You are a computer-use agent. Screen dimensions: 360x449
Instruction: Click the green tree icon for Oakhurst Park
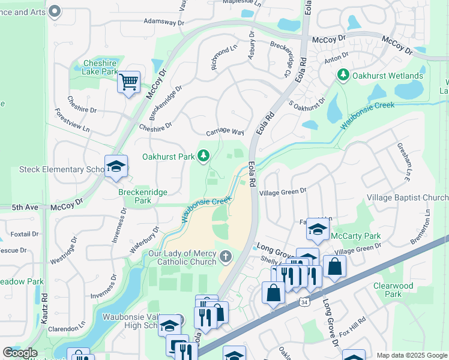point(203,157)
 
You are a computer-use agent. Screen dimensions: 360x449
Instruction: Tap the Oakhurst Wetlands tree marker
point(343,76)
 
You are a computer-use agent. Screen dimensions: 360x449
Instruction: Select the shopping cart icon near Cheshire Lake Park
point(128,82)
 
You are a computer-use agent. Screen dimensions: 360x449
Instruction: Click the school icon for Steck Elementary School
point(116,167)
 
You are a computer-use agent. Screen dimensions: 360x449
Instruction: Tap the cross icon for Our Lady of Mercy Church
point(225,257)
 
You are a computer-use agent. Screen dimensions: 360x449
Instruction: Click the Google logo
point(20,353)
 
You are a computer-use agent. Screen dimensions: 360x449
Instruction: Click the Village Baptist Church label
point(408,197)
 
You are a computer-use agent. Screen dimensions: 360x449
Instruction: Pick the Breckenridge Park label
point(143,196)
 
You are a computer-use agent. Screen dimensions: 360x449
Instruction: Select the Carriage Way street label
point(225,132)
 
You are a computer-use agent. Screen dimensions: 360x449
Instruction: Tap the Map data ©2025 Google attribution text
point(412,355)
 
